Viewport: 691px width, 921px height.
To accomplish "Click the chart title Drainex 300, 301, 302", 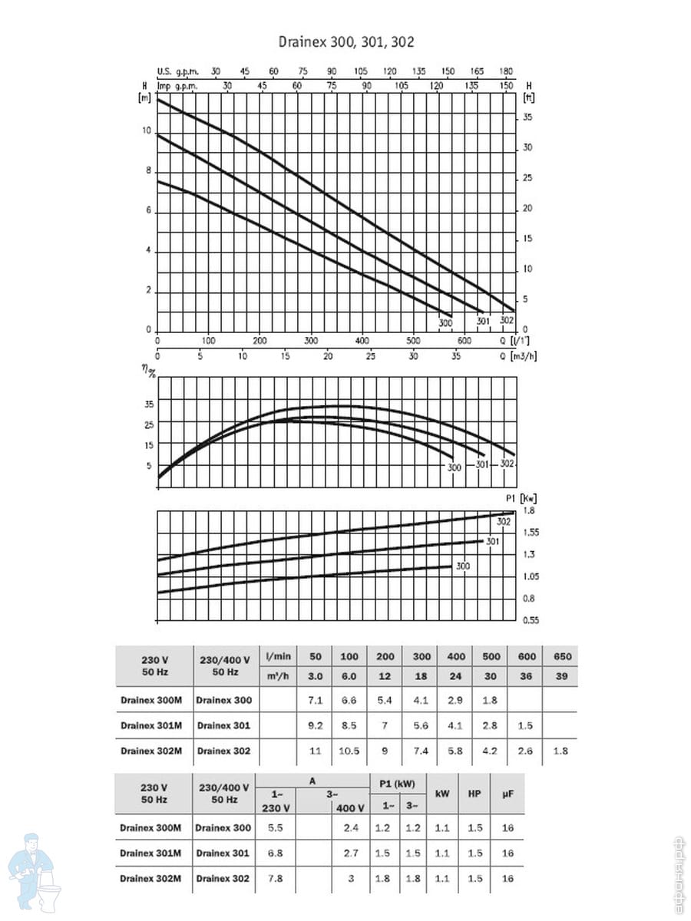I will click(345, 43).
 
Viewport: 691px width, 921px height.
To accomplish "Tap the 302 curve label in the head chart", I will click(506, 322).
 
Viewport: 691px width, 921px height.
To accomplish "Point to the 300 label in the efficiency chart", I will click(454, 467).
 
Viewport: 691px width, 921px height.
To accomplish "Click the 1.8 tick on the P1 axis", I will click(529, 510).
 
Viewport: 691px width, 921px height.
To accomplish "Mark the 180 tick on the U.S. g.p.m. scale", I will click(507, 71).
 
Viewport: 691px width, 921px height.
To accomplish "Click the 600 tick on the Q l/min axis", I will click(464, 341).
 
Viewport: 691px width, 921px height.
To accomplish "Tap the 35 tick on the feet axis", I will click(527, 117).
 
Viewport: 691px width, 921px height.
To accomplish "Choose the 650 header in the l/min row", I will click(560, 657).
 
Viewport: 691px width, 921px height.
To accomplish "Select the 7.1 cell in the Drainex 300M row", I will click(315, 700).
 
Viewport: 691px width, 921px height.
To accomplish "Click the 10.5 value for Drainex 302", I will click(349, 751).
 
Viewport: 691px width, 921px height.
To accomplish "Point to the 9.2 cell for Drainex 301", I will click(315, 726).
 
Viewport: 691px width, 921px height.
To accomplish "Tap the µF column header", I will click(508, 794).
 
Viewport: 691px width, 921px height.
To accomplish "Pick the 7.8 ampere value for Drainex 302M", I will click(275, 879).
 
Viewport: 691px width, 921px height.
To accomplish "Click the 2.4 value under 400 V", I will click(350, 828).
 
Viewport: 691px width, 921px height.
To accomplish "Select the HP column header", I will click(474, 794).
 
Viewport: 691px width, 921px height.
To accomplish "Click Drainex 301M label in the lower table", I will click(150, 853).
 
